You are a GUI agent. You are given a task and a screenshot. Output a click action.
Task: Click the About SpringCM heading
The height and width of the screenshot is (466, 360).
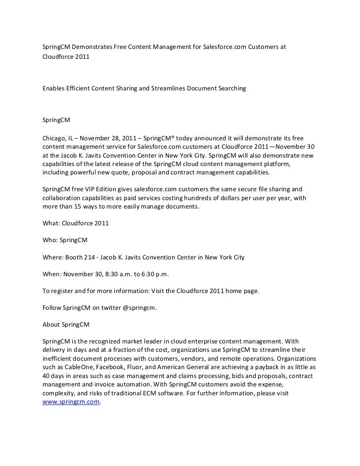point(65,325)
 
